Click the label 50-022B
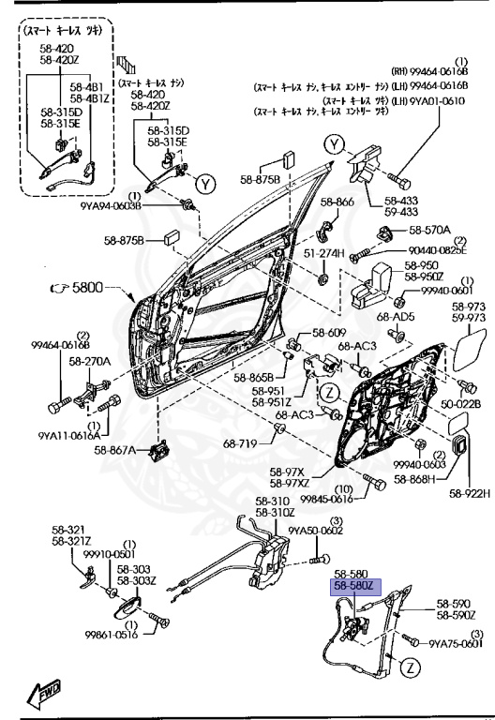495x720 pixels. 462,404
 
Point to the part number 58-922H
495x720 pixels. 469,493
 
